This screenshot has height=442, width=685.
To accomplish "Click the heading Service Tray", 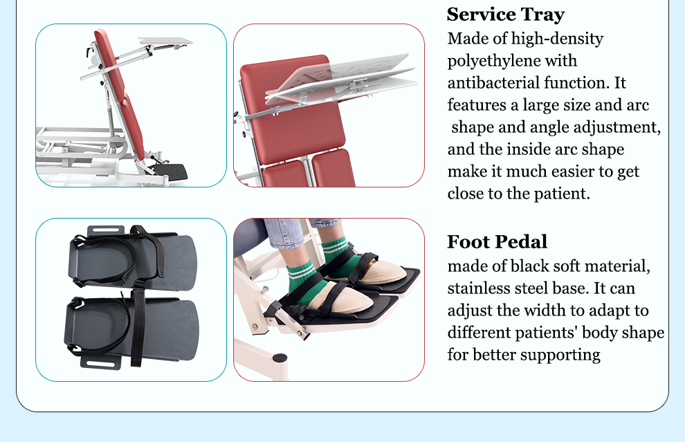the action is pyautogui.click(x=506, y=15).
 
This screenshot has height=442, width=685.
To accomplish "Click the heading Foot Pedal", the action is pyautogui.click(x=497, y=241).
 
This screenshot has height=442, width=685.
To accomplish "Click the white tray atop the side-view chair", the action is pyautogui.click(x=165, y=42).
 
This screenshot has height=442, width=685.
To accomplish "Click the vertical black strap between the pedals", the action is pyautogui.click(x=138, y=323).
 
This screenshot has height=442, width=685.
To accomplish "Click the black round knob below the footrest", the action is pyautogui.click(x=280, y=358).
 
